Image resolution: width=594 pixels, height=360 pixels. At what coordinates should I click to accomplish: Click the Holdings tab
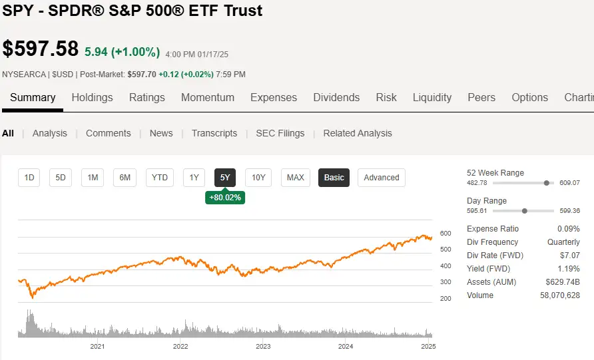coord(92,97)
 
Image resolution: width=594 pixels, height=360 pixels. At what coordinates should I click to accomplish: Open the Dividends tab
coord(336,97)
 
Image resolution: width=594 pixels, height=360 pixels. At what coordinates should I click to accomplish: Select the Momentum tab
coord(208,97)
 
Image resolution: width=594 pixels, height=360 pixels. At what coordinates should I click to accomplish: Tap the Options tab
coord(529,97)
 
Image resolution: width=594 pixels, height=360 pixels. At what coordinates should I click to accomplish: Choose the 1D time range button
coord(29,178)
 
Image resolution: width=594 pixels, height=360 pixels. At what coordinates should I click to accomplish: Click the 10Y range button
coord(258,178)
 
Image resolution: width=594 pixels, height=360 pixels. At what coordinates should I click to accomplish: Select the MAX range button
coord(295,178)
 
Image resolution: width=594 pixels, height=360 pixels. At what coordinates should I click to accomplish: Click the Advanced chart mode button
coord(382,178)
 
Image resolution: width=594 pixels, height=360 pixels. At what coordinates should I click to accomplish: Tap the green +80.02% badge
coord(225,198)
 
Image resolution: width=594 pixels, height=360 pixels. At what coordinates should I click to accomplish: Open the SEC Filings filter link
coord(280,133)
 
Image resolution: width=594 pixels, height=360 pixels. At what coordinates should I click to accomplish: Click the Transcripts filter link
coord(214,133)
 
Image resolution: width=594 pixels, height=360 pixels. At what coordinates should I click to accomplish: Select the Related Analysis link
coord(358,133)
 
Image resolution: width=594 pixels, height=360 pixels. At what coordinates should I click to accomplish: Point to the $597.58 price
coord(41,49)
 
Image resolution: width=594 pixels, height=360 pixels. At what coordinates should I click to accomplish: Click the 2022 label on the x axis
coord(180,346)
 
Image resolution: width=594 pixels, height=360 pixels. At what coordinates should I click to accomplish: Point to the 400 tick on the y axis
coord(445,266)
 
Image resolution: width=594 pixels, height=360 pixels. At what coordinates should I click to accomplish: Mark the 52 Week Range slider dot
coord(547,183)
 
